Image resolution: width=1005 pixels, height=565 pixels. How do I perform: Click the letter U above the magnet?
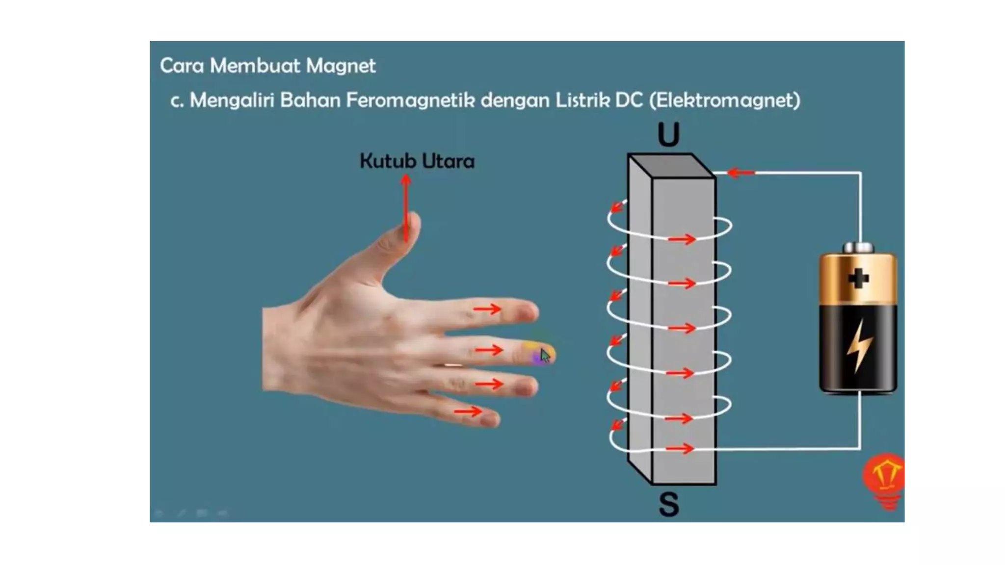(668, 135)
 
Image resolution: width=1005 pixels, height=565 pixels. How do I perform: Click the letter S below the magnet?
(668, 504)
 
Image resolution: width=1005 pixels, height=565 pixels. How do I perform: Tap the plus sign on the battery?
(858, 279)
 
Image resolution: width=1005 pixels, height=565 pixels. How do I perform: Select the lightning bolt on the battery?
(859, 346)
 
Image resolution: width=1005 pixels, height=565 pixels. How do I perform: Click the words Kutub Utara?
(417, 161)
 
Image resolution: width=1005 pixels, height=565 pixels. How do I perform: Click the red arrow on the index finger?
(487, 309)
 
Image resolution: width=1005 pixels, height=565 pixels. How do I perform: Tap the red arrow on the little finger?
(468, 411)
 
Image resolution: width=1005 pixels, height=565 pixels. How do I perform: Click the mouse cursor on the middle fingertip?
(545, 355)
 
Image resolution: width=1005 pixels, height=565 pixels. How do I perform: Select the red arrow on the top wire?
(741, 173)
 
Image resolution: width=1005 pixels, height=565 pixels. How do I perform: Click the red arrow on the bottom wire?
(680, 448)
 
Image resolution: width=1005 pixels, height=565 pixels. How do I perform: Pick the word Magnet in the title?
(341, 66)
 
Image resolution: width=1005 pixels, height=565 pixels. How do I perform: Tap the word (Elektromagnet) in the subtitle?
(724, 100)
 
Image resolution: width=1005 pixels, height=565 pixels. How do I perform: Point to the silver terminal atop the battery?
(858, 248)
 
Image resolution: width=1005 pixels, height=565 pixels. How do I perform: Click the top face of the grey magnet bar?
(671, 165)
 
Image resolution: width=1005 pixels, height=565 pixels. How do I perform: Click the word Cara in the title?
(182, 66)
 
